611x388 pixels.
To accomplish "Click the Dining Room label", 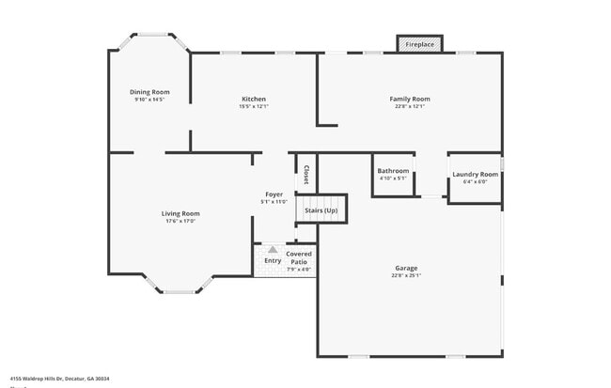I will click(149, 91).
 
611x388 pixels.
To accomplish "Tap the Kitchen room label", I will click(254, 99).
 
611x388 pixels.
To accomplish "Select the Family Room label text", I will click(410, 99).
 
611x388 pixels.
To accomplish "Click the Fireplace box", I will click(418, 44).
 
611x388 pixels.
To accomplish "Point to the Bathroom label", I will click(393, 171).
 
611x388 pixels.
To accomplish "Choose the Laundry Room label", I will click(475, 174).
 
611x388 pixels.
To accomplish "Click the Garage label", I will click(406, 268).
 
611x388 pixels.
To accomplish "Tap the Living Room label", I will click(180, 213).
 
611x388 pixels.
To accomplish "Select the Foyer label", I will click(274, 194).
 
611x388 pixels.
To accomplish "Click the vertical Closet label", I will click(306, 174).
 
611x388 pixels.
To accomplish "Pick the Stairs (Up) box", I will click(321, 210).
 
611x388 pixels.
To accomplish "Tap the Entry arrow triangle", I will click(273, 250).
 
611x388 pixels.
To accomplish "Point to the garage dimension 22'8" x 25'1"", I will click(406, 275).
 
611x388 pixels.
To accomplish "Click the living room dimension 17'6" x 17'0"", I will click(180, 221).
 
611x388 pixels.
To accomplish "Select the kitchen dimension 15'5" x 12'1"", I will click(254, 106).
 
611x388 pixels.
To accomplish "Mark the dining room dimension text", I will click(149, 99).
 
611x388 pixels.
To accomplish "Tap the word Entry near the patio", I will click(273, 260).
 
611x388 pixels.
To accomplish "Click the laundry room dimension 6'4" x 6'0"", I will click(475, 181).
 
